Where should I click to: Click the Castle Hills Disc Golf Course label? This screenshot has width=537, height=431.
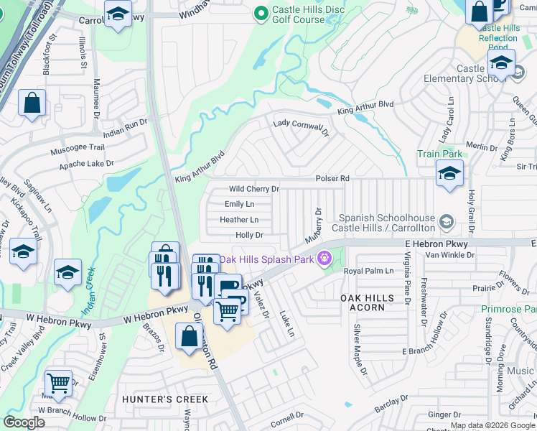(298, 15)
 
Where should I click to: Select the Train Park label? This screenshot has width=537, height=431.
(439, 154)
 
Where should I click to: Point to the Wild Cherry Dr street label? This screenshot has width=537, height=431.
(253, 189)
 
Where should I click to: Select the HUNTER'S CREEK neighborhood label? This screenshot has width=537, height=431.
(165, 399)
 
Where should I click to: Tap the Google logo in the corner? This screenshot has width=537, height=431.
(24, 422)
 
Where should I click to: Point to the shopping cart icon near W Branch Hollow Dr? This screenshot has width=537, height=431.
(58, 382)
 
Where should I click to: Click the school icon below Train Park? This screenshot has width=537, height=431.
(449, 173)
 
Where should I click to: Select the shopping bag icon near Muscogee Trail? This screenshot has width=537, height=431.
(32, 103)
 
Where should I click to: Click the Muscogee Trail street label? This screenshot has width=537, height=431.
(78, 152)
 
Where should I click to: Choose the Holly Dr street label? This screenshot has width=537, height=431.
(249, 235)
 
